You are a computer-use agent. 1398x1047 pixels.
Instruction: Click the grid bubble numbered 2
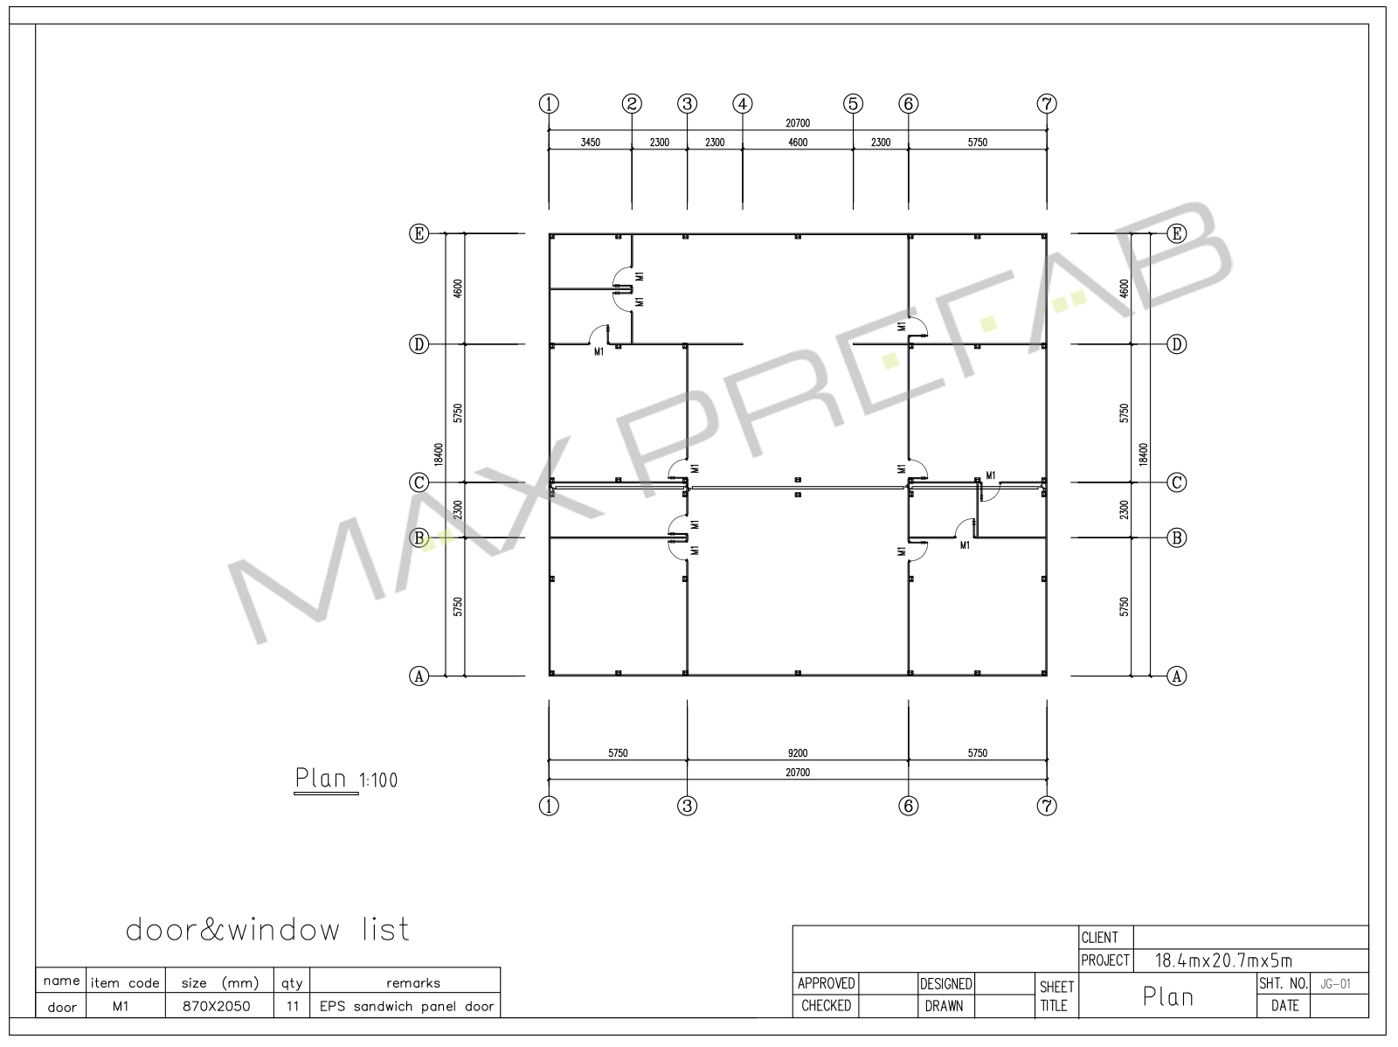pos(631,104)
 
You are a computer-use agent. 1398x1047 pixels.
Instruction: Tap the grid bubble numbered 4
pos(742,104)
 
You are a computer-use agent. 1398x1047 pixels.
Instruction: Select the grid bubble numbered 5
pos(853,104)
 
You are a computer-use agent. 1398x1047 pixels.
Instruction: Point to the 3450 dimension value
pos(590,142)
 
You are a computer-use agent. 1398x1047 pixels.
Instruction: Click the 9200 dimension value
pos(798,752)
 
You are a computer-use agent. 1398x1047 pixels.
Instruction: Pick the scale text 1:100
pos(378,780)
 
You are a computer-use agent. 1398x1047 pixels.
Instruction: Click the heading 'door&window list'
pos(267,930)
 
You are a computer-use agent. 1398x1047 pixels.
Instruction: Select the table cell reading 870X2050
pos(217,1006)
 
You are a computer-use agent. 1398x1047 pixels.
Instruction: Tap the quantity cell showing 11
pos(293,1006)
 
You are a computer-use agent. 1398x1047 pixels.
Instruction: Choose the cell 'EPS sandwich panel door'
pos(406,1006)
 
